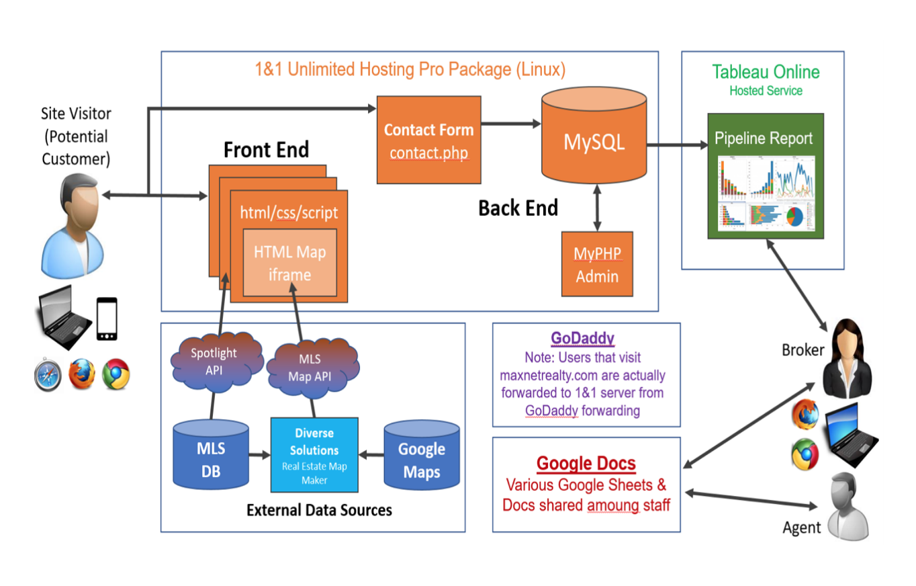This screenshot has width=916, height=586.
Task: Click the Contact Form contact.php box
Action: tap(428, 140)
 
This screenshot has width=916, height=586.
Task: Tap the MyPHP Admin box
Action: tap(597, 264)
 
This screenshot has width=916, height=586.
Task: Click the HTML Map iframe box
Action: tap(289, 263)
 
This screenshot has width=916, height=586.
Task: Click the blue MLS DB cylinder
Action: tap(211, 456)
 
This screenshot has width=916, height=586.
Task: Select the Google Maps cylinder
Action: tap(421, 456)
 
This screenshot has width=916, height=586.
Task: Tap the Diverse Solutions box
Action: tap(314, 455)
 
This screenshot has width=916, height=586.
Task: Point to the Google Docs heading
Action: tap(586, 463)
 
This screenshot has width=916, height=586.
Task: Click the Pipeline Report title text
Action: tap(764, 139)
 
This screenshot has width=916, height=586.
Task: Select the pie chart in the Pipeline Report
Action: tap(796, 216)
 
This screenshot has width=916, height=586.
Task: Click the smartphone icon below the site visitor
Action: tap(107, 319)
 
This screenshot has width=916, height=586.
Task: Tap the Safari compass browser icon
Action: tap(48, 375)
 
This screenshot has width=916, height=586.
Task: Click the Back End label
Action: tap(518, 208)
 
